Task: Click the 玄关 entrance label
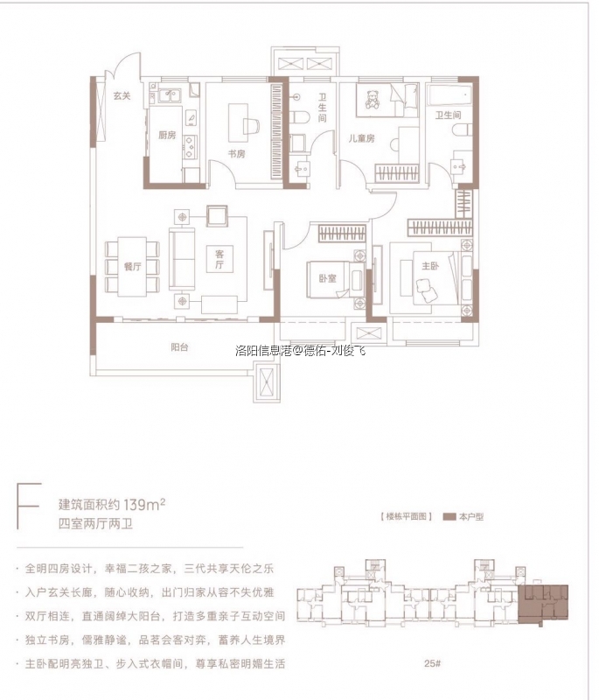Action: click(x=121, y=95)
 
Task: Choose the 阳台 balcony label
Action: click(x=179, y=347)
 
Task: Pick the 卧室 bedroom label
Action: click(x=328, y=280)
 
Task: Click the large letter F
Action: click(x=28, y=512)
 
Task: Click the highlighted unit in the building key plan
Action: click(x=542, y=604)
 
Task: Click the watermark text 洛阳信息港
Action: click(x=262, y=352)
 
